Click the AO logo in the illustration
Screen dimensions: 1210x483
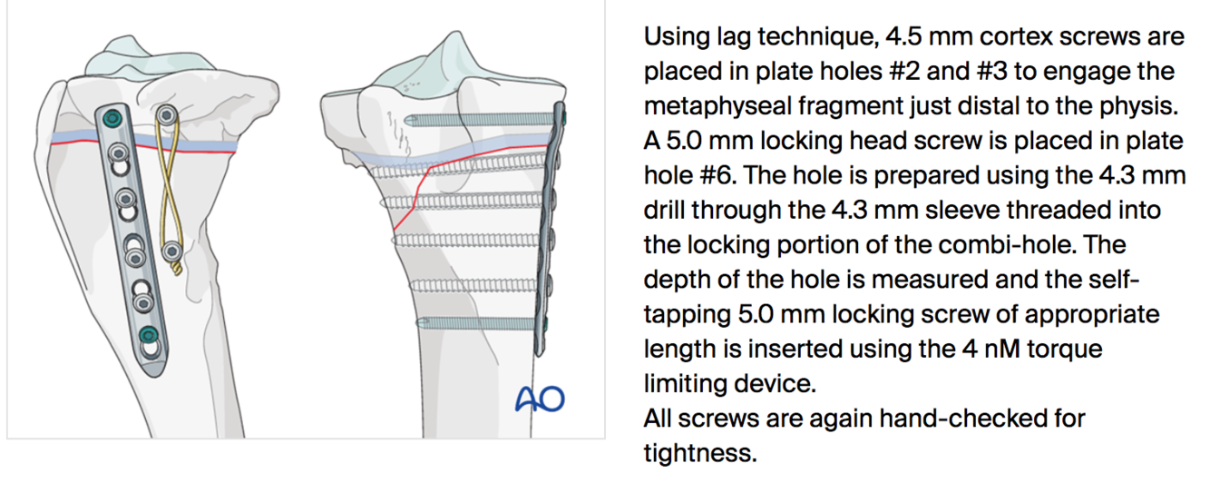point(540,399)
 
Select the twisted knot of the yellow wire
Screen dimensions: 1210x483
point(174,269)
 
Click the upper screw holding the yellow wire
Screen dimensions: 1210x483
point(165,115)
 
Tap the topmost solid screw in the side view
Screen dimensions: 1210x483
point(481,118)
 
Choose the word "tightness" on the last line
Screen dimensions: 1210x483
point(699,451)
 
